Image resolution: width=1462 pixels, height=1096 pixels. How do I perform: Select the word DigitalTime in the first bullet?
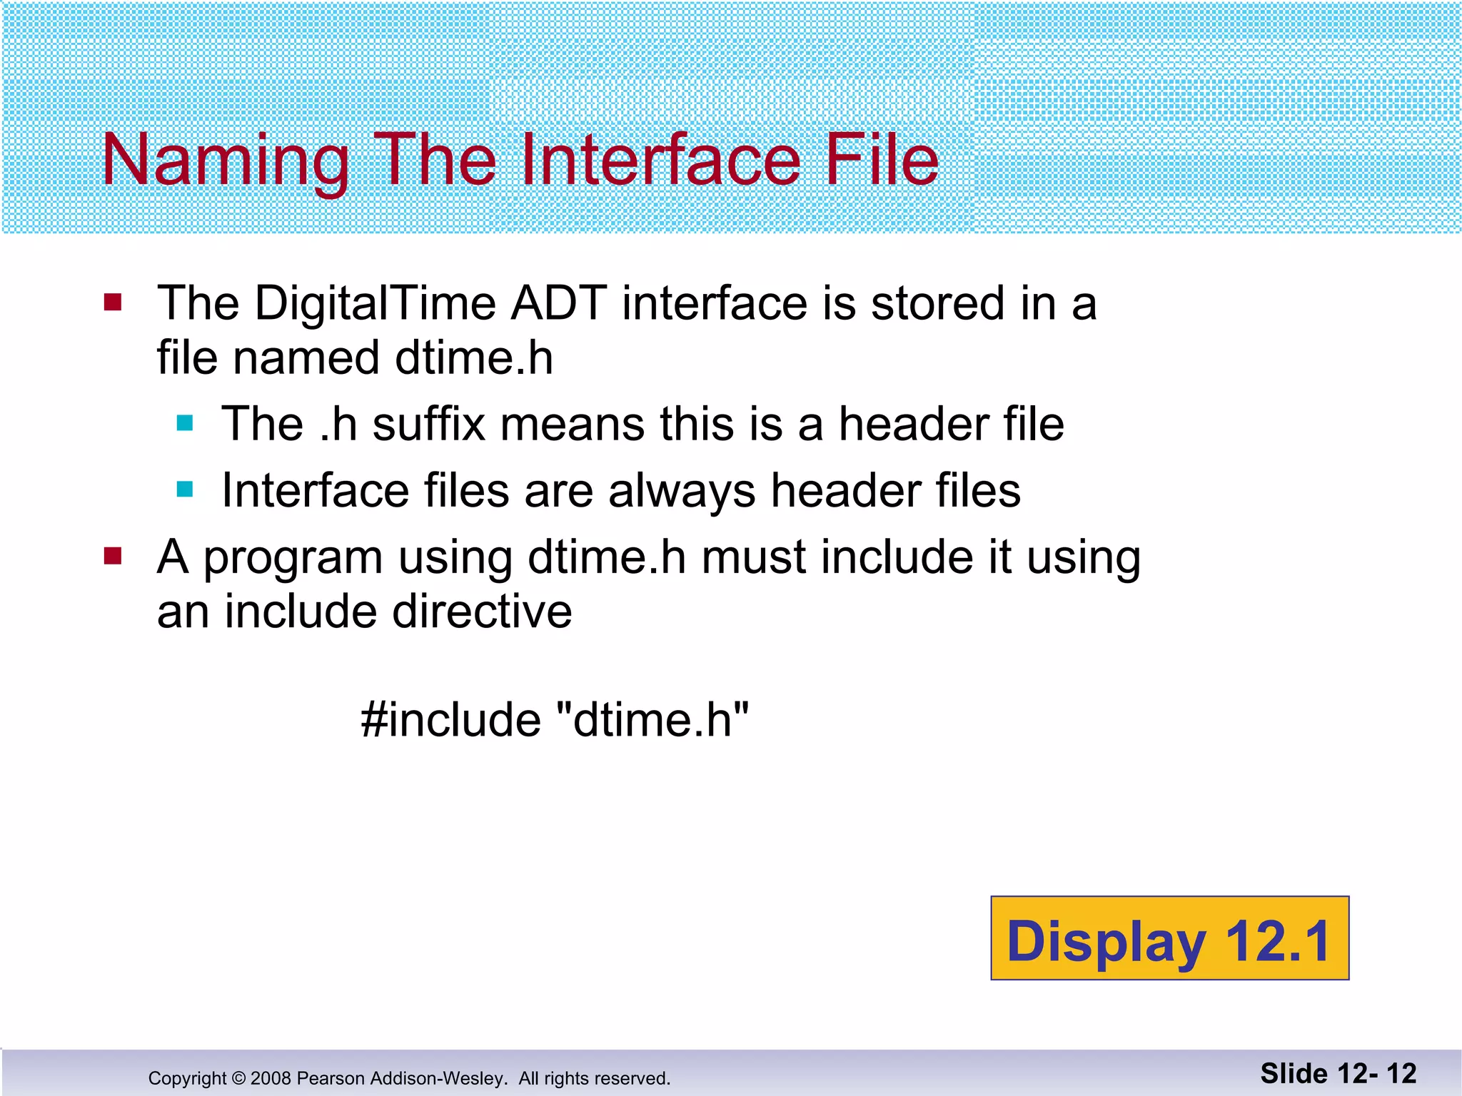coord(375,303)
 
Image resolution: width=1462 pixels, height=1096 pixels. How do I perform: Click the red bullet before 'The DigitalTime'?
coord(113,303)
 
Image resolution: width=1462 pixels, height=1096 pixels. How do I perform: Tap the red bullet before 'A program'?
coord(113,556)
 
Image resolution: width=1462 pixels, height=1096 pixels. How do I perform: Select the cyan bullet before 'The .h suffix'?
coord(185,424)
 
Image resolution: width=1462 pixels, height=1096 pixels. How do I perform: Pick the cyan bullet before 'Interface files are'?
coord(185,489)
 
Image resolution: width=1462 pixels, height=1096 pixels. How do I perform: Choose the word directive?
coord(482,612)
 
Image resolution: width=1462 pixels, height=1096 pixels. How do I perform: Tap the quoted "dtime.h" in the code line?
coord(652,719)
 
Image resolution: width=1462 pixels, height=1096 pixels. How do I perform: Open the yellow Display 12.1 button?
coord(1169,938)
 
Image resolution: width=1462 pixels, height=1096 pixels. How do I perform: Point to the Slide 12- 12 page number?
coord(1338,1074)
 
